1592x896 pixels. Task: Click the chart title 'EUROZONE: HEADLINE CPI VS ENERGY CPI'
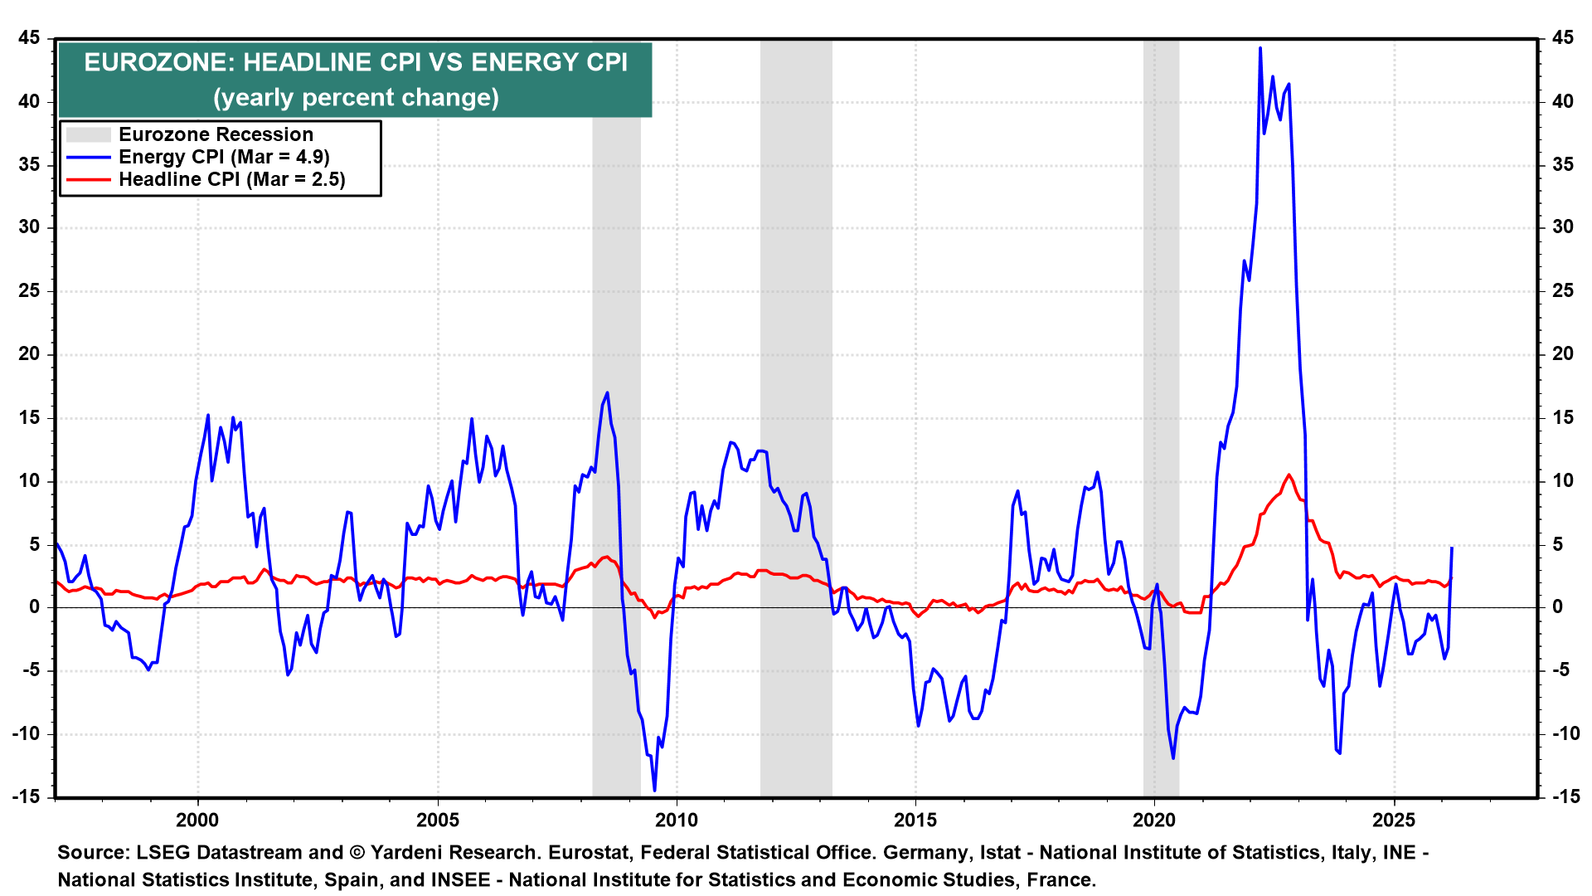click(x=356, y=63)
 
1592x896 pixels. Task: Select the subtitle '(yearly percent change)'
click(x=356, y=98)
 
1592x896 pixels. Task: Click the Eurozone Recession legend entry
click(x=216, y=134)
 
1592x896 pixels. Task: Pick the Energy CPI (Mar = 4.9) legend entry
click(x=224, y=157)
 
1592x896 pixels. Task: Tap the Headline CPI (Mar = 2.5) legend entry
click(x=231, y=179)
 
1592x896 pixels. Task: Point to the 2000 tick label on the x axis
click(x=197, y=821)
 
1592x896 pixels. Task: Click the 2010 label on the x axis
click(x=677, y=821)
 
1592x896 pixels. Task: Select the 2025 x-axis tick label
click(x=1394, y=821)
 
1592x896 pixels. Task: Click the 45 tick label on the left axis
click(x=29, y=38)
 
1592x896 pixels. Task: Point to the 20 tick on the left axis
click(x=29, y=354)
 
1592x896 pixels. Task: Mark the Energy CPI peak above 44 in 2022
click(x=1260, y=48)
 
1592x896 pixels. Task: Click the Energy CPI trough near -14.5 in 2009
click(x=654, y=790)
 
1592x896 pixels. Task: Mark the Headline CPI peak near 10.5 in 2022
click(x=1289, y=475)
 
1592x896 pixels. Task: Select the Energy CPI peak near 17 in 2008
click(x=608, y=392)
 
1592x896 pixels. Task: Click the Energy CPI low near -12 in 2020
click(x=1173, y=757)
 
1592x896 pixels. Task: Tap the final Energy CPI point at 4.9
click(x=1451, y=548)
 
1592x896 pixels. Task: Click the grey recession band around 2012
click(x=796, y=415)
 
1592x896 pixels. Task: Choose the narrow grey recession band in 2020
click(x=1161, y=415)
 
